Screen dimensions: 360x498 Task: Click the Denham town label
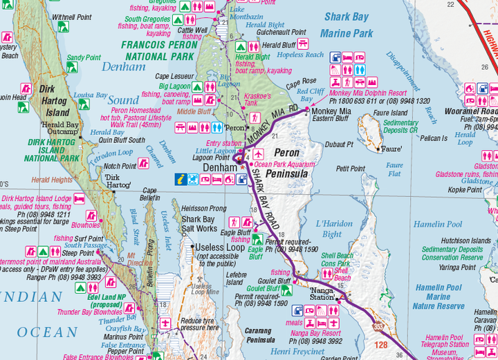(x=219, y=167)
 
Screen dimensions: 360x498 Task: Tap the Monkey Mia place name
(x=331, y=111)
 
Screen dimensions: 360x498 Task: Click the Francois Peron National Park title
(x=158, y=50)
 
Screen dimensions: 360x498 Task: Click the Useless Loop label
(x=220, y=247)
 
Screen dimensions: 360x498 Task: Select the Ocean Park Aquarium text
(x=284, y=164)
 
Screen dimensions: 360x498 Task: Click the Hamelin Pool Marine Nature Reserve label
(x=439, y=296)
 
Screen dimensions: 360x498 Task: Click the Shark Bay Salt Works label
(x=199, y=225)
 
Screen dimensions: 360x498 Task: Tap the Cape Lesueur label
(x=175, y=76)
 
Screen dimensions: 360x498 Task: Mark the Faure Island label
(x=390, y=113)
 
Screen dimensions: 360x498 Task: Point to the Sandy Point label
(x=84, y=58)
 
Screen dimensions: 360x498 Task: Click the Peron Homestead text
(x=136, y=110)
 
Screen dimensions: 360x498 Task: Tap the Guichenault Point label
(x=282, y=32)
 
